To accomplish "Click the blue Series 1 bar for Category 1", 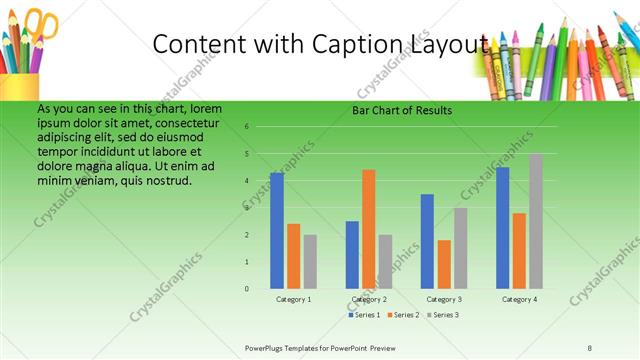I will pyautogui.click(x=277, y=230).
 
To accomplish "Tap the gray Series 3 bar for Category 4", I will pyautogui.click(x=536, y=221).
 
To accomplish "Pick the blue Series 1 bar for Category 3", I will pyautogui.click(x=428, y=241).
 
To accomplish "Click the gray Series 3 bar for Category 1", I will pyautogui.click(x=310, y=261).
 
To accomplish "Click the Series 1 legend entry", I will pyautogui.click(x=365, y=315).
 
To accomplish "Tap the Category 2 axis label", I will pyautogui.click(x=369, y=299).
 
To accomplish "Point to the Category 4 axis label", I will pyautogui.click(x=519, y=299).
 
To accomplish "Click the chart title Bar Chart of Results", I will pyautogui.click(x=402, y=110).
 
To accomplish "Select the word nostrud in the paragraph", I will pyautogui.click(x=169, y=180).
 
